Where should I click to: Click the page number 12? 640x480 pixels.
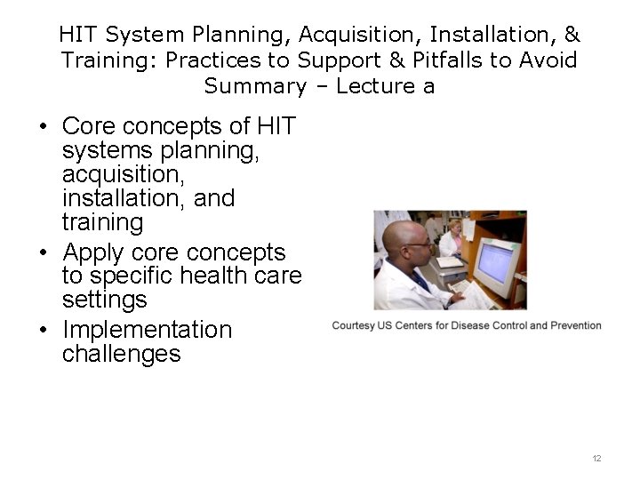click(596, 458)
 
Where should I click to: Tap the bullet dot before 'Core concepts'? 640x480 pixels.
click(43, 127)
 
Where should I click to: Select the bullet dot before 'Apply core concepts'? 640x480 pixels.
click(43, 253)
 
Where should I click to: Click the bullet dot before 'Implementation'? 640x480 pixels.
click(43, 331)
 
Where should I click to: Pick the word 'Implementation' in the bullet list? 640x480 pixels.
click(147, 330)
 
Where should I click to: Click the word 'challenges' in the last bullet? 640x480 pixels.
click(121, 354)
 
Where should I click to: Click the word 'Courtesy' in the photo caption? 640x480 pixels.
click(356, 325)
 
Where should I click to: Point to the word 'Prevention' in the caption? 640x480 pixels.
click(576, 325)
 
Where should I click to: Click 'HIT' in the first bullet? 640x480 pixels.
click(272, 126)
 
